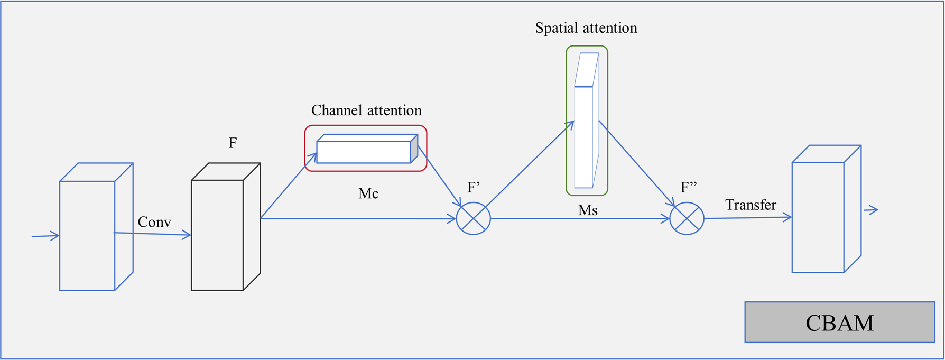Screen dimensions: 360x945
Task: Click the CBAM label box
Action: [839, 322]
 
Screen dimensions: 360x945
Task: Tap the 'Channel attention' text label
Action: [366, 110]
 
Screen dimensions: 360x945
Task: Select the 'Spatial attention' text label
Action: [586, 28]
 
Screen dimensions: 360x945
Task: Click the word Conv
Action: [154, 222]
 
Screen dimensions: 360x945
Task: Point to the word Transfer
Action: [751, 205]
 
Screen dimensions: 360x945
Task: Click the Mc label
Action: [368, 193]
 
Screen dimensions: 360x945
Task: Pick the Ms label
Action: [588, 210]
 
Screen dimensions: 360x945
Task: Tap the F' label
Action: [474, 188]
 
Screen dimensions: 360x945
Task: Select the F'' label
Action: [689, 188]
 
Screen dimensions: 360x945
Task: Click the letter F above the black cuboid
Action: [233, 143]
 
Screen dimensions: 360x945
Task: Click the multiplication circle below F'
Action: [474, 218]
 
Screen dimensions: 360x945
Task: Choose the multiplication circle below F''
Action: [687, 218]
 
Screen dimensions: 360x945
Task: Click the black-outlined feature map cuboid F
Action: [218, 235]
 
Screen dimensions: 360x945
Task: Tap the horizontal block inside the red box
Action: [364, 152]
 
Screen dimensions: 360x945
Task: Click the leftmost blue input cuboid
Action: [87, 235]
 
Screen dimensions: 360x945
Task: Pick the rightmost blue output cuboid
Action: [818, 217]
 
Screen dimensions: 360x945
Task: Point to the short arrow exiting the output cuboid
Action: [871, 210]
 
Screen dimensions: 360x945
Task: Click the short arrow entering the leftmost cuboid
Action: [45, 236]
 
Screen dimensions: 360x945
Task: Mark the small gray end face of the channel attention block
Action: [414, 149]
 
